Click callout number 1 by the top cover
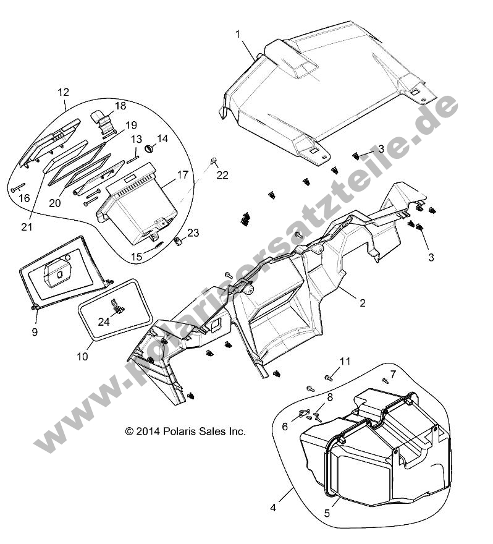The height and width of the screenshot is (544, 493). click(238, 35)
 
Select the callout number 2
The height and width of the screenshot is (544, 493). click(363, 303)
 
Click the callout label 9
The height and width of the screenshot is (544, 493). click(35, 332)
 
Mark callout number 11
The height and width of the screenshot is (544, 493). click(345, 361)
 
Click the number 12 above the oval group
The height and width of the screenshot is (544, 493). click(63, 92)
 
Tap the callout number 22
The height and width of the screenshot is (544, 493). click(222, 176)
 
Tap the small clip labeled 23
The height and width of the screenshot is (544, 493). click(178, 241)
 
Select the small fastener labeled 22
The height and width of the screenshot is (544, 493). click(213, 161)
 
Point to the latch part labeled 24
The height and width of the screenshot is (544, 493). click(116, 306)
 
